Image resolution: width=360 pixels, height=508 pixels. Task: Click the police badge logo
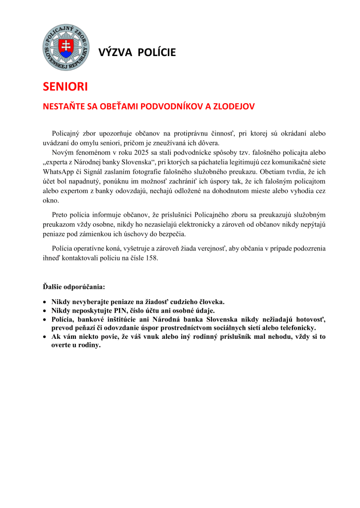point(66,48)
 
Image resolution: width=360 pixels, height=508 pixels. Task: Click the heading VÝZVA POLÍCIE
point(137,53)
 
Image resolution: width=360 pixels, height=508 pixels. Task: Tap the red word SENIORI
point(65,87)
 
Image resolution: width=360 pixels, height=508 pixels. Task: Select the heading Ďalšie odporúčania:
point(73,286)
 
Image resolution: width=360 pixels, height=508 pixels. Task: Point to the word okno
point(50,201)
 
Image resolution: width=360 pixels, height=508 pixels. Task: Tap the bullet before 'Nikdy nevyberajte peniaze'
point(45,302)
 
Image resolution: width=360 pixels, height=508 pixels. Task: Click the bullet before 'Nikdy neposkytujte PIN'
point(45,311)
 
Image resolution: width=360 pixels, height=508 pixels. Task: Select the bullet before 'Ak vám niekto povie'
point(45,337)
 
